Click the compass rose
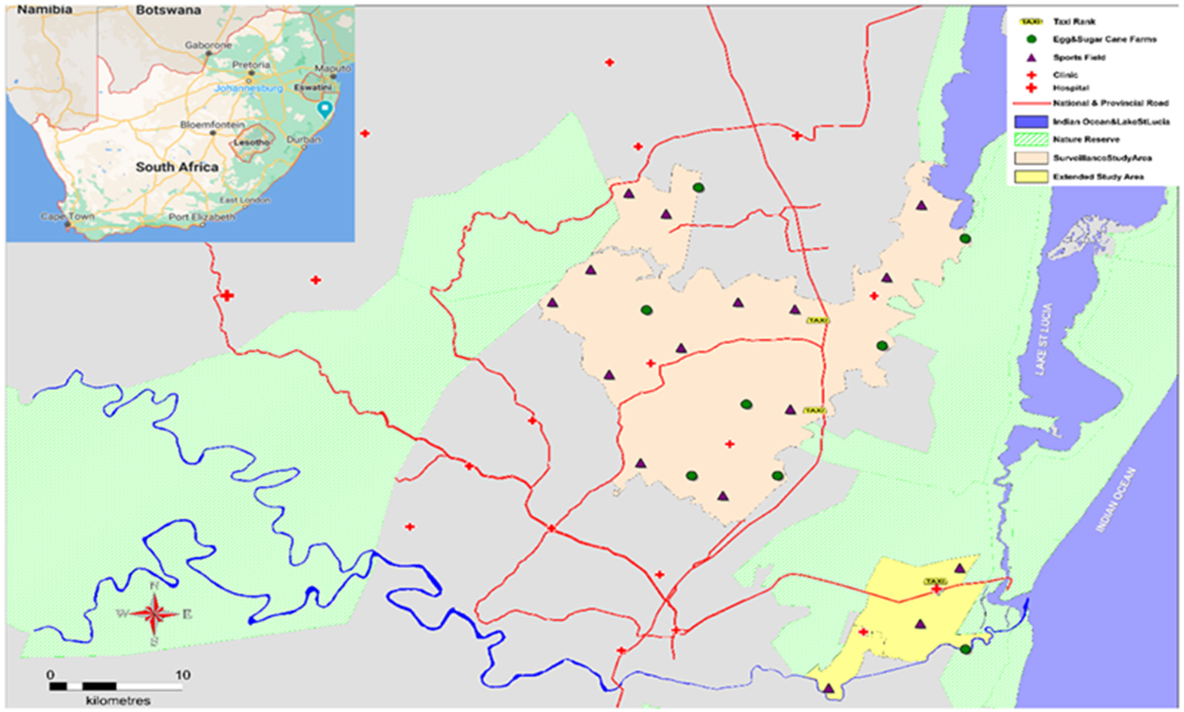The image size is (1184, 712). (154, 614)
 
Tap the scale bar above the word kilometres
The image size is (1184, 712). (116, 686)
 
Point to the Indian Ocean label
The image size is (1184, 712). (1116, 500)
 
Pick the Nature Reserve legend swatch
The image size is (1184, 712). (1031, 140)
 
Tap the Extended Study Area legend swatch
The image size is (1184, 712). (1031, 177)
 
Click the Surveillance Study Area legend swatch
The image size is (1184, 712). (1031, 158)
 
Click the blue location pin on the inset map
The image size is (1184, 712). (324, 108)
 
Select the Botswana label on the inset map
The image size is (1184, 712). (168, 11)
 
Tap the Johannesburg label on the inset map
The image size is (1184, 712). (248, 88)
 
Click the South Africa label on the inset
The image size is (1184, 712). (177, 167)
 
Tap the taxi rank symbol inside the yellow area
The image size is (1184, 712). (935, 582)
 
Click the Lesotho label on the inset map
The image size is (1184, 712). (252, 143)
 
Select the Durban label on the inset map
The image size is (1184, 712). (304, 140)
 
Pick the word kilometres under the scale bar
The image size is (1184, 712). (118, 701)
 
